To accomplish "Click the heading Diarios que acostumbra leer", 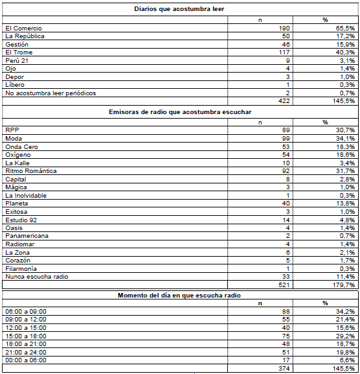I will pyautogui.click(x=180, y=8).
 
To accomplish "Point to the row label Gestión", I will pyautogui.click(x=17, y=44).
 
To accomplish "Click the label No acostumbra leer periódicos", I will pyautogui.click(x=51, y=93).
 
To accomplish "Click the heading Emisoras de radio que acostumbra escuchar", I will pyautogui.click(x=180, y=112).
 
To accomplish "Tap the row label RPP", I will pyautogui.click(x=12, y=130).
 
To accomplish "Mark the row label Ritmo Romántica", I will pyautogui.click(x=30, y=171).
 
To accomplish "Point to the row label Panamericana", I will pyautogui.click(x=27, y=236).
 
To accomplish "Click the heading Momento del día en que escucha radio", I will pyautogui.click(x=180, y=296).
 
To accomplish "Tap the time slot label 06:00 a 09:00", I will pyautogui.click(x=25, y=312).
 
